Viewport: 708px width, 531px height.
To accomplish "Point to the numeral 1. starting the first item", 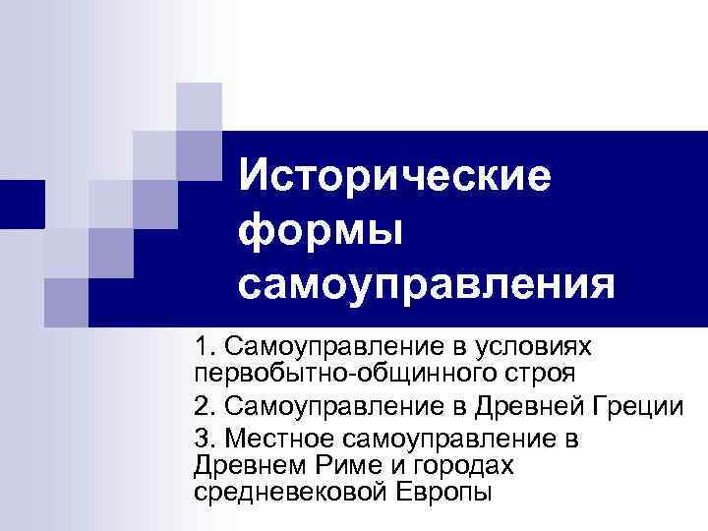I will click(205, 347).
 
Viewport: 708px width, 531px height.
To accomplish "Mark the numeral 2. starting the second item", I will click(205, 405).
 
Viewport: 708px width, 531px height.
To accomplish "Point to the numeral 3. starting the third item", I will click(205, 437).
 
